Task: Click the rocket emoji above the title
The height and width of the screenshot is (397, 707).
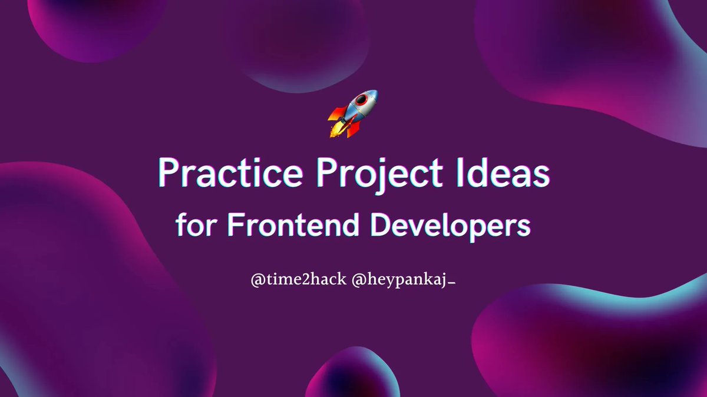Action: pos(352,113)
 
